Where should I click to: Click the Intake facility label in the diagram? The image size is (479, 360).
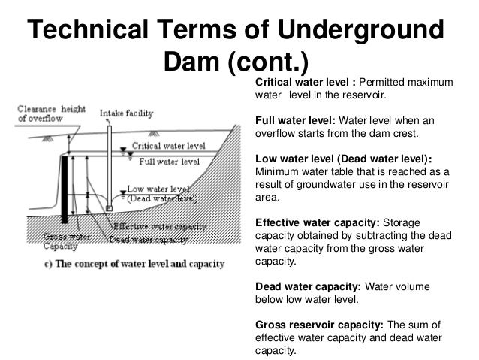click(x=127, y=113)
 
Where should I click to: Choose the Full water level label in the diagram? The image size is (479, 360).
click(x=169, y=161)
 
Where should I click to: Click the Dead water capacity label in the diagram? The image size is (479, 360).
click(x=148, y=239)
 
